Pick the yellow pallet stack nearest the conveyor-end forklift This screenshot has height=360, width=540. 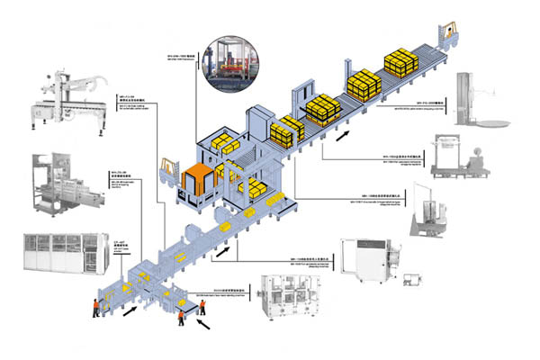(x=399, y=60)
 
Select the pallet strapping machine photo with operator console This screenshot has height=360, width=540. (x=458, y=158)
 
